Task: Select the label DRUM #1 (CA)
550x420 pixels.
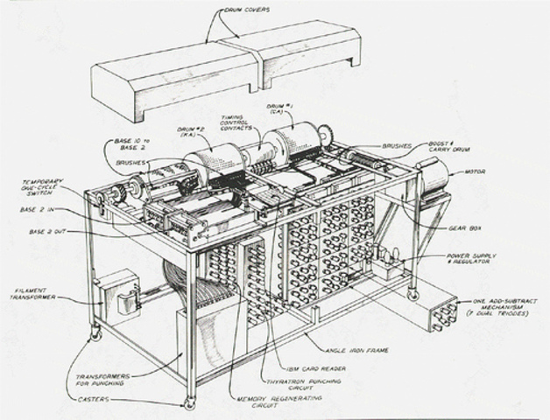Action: click(x=282, y=110)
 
